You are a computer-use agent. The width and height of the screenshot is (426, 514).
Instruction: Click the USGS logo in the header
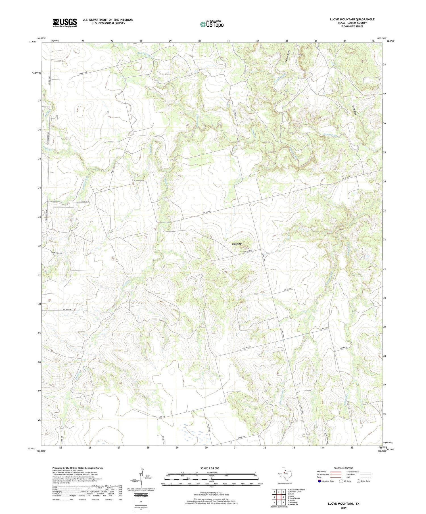coord(65,23)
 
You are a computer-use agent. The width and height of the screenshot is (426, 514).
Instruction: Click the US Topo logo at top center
coord(212,24)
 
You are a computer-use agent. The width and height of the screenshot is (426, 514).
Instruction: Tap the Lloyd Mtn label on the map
coord(237,244)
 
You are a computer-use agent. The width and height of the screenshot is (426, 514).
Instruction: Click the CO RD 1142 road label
coord(288,289)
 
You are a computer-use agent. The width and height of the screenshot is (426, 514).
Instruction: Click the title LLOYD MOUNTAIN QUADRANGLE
coord(352,19)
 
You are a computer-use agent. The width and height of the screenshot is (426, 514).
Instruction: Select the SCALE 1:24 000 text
coord(210,468)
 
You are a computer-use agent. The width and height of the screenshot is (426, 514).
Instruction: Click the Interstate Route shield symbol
coord(319,481)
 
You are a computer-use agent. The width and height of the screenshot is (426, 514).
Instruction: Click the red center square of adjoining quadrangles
coord(279,497)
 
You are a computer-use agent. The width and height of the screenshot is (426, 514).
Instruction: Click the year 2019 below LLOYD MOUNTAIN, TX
coord(343,507)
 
